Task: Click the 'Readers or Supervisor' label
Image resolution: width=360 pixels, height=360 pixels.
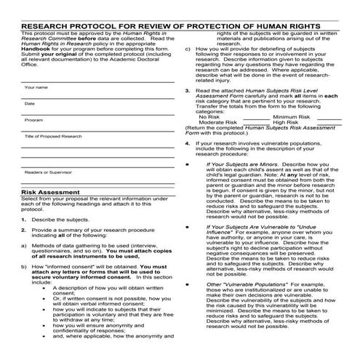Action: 48,172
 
